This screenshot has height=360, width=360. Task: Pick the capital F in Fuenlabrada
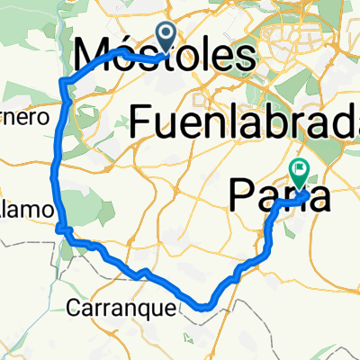(141, 121)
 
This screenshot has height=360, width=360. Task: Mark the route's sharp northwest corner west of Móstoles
(61, 83)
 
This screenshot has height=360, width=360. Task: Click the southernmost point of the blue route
(204, 308)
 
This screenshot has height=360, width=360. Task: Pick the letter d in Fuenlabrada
(321, 121)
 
